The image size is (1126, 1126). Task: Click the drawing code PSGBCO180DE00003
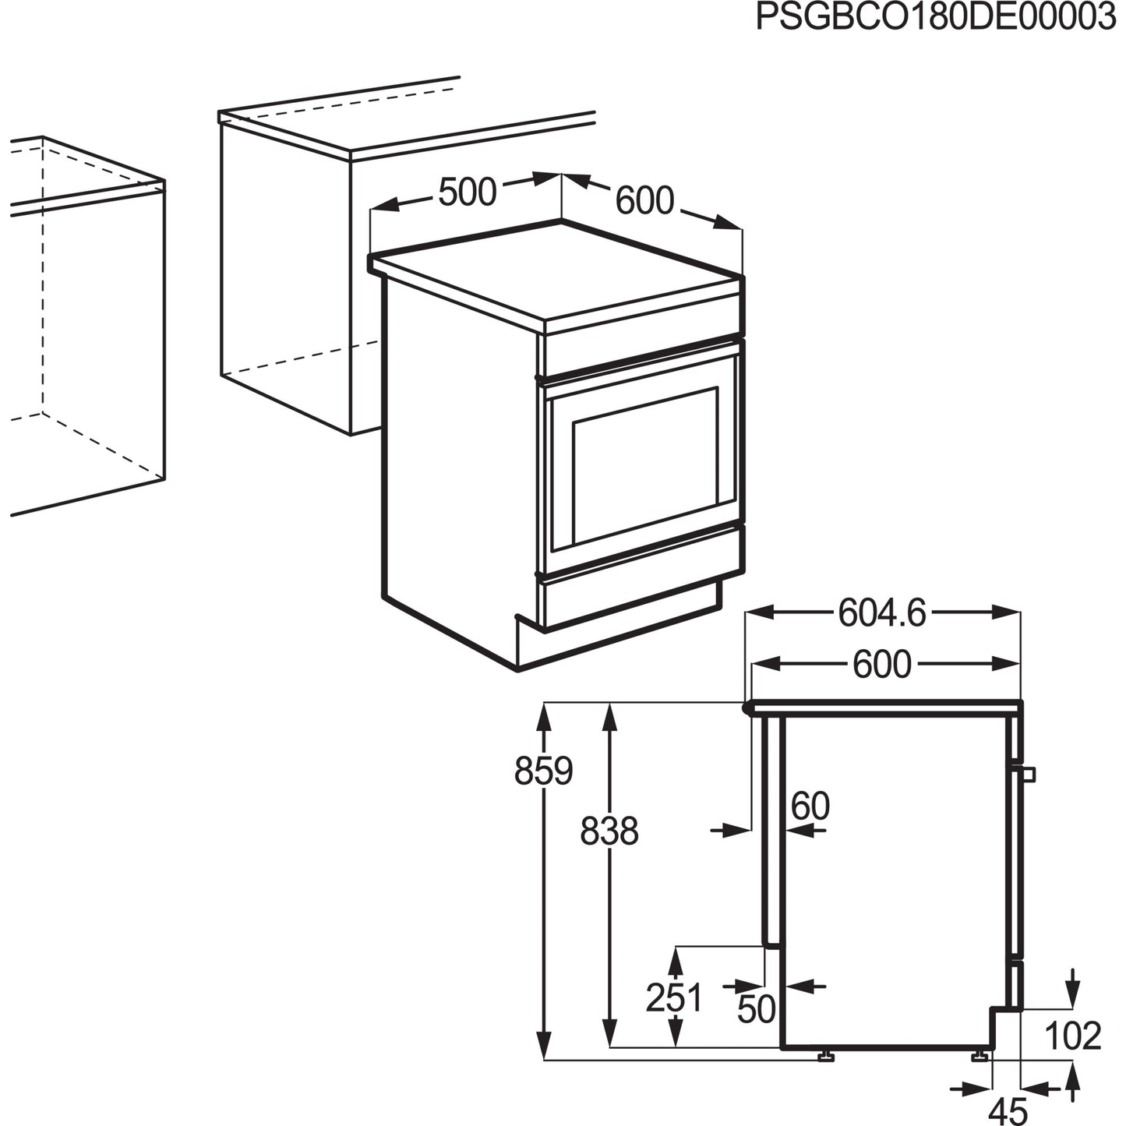[935, 17]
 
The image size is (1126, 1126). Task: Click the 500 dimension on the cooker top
[467, 192]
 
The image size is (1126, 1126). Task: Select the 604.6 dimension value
[882, 613]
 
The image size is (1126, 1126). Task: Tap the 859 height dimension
[543, 771]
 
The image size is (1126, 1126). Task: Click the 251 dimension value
[674, 997]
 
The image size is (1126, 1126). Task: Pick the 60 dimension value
[810, 806]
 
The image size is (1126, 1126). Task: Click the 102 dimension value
[1072, 1036]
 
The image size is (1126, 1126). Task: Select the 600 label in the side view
[882, 664]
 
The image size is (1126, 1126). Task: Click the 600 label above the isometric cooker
[644, 200]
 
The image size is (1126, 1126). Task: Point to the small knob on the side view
[1028, 774]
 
